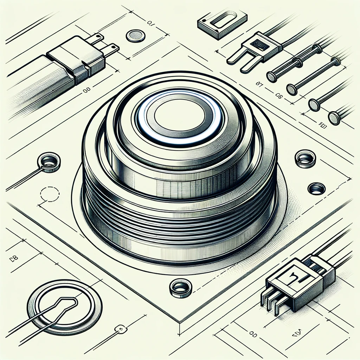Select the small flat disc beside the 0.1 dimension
pos(135,36)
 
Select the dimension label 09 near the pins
pos(279,95)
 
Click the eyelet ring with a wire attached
pos(49,162)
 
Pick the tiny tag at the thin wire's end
pos(122,329)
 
